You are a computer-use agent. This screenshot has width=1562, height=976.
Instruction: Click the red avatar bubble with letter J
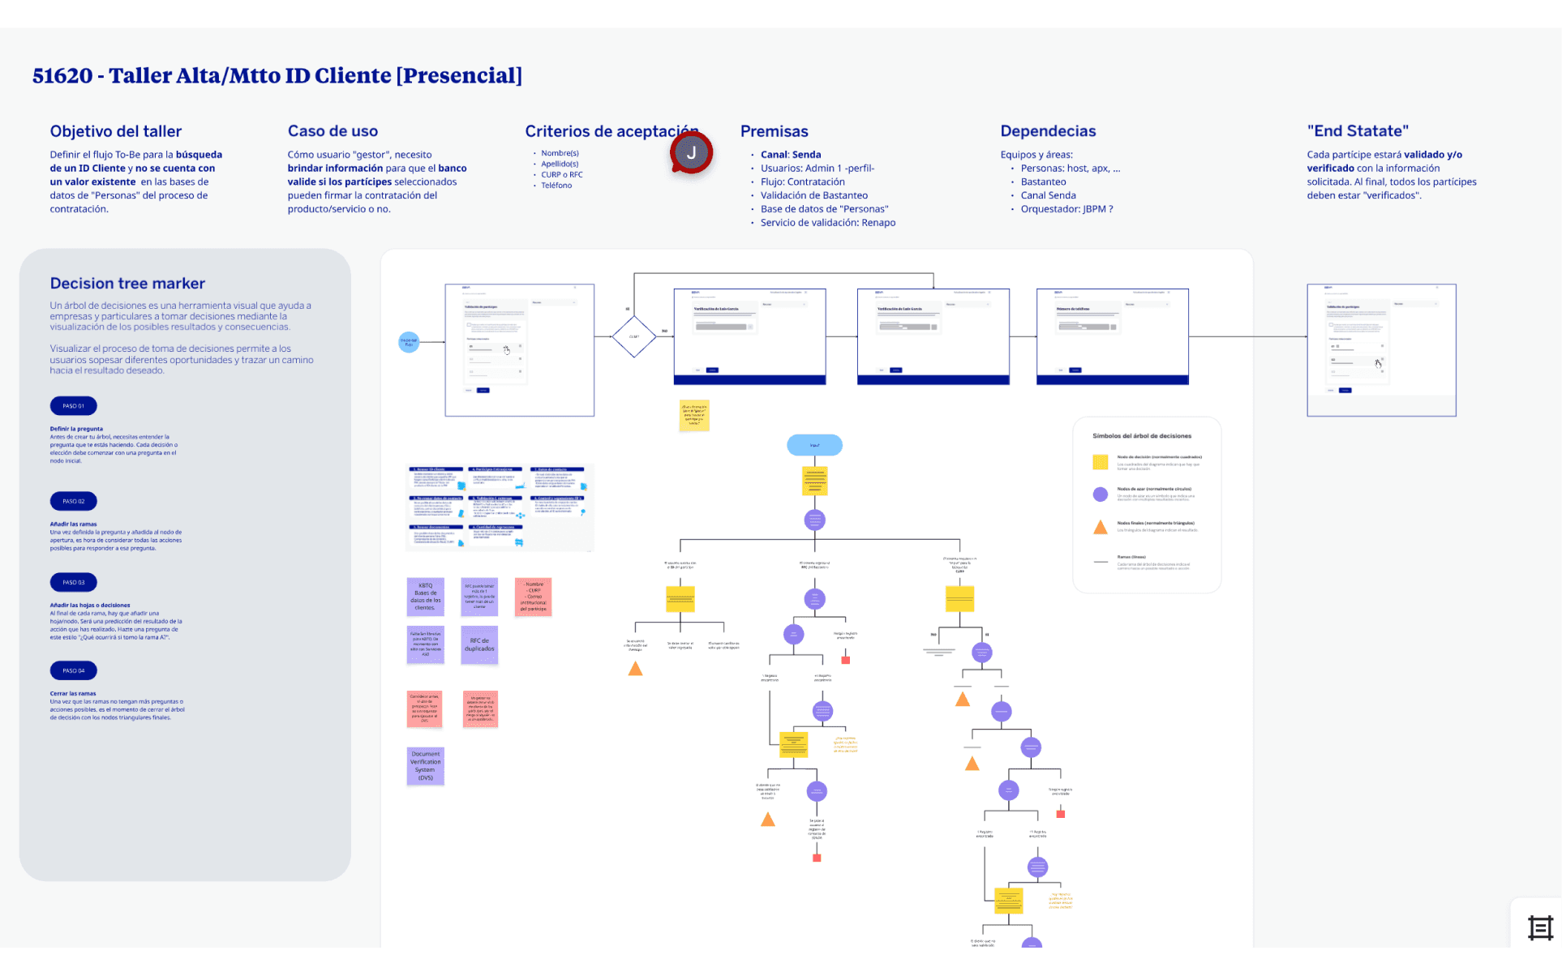click(x=691, y=152)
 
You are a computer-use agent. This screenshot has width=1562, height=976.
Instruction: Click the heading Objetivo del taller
click(x=116, y=131)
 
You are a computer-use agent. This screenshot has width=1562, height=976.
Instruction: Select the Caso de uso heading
click(x=333, y=131)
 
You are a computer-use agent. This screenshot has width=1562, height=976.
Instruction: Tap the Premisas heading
click(x=774, y=131)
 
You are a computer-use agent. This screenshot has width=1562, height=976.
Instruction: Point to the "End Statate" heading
click(x=1358, y=131)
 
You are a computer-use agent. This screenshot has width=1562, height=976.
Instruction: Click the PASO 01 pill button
click(x=74, y=406)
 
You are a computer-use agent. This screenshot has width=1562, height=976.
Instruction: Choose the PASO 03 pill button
click(x=74, y=582)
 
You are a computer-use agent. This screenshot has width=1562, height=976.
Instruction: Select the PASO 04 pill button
click(x=74, y=670)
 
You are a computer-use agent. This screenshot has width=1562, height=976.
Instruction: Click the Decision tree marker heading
click(x=127, y=284)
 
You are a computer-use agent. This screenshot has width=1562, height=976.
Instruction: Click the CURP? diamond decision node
click(x=633, y=336)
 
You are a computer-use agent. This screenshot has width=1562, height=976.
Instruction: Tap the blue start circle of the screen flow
click(x=409, y=342)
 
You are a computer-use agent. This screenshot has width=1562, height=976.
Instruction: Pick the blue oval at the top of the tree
click(x=814, y=445)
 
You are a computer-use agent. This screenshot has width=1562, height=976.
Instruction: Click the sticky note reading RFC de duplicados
click(x=479, y=645)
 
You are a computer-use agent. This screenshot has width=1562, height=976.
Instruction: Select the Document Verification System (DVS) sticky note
click(x=425, y=766)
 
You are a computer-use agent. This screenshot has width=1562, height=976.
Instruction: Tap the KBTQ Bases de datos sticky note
click(x=425, y=597)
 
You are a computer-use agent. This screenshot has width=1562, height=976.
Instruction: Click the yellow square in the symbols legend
click(x=1101, y=462)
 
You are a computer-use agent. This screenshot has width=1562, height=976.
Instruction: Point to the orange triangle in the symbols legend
click(x=1101, y=528)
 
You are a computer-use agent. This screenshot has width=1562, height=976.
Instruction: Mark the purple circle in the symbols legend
click(x=1101, y=494)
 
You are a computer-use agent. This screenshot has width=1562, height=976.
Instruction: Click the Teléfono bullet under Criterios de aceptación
click(x=556, y=186)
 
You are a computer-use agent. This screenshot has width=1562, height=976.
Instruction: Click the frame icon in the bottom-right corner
click(x=1540, y=927)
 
